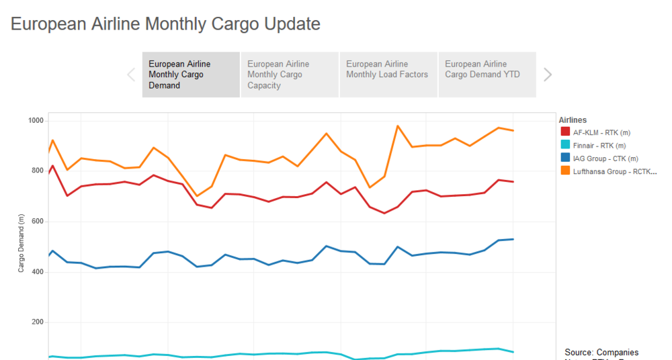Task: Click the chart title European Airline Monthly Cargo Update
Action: (165, 24)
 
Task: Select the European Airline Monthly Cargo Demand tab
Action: (191, 75)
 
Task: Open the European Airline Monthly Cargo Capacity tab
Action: (289, 75)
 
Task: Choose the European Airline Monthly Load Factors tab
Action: (388, 69)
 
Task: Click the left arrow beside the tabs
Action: (131, 75)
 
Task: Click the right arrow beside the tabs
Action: (548, 75)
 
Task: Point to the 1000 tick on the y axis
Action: (35, 121)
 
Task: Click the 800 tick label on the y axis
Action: (37, 171)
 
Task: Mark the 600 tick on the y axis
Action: (37, 222)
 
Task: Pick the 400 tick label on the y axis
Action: (37, 272)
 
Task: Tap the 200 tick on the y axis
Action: (37, 322)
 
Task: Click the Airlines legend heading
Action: (573, 120)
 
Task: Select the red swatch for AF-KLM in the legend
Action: (564, 133)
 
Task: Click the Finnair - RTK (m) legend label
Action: (599, 146)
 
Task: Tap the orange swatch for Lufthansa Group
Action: (564, 171)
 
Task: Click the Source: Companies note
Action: (601, 353)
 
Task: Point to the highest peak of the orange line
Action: (398, 126)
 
